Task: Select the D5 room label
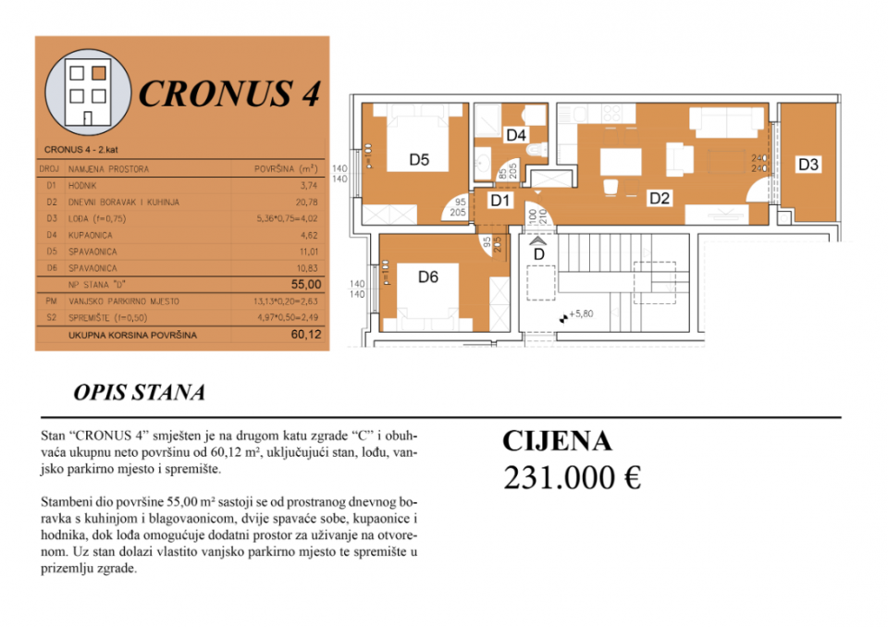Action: [x=419, y=160]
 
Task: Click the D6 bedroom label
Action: [x=427, y=275]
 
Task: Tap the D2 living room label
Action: [x=659, y=197]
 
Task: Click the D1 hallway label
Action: [x=500, y=199]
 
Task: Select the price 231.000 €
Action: [x=572, y=477]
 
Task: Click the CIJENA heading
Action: [x=557, y=441]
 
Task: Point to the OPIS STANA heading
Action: [x=139, y=393]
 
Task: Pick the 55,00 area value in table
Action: [x=306, y=285]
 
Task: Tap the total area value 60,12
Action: [x=306, y=335]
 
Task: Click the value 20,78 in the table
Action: [x=310, y=202]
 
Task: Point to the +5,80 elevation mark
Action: [x=579, y=314]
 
